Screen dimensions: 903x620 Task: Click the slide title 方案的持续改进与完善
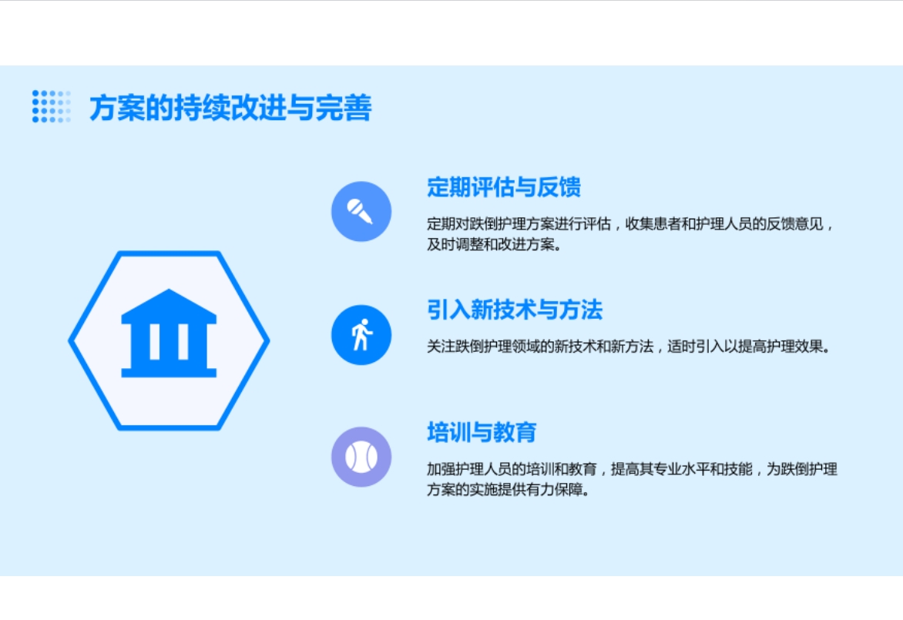pos(230,108)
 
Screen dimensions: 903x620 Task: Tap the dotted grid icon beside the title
pos(52,106)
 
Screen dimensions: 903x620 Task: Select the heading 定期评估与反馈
pos(504,187)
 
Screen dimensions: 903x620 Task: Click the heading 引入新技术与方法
pos(515,310)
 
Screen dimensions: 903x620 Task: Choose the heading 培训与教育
pos(482,432)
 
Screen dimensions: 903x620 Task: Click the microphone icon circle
pos(361,211)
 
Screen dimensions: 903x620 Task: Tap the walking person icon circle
pos(361,334)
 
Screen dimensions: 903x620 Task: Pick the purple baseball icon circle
pos(361,457)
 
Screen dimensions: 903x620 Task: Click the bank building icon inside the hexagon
pos(169,333)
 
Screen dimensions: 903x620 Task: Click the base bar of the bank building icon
pos(169,373)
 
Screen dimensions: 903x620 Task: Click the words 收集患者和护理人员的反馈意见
pos(724,224)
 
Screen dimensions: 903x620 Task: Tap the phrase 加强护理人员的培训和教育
pos(512,469)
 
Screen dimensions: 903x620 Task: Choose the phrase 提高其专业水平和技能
pos(682,469)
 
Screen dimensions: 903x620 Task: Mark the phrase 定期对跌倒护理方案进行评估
pos(519,224)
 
